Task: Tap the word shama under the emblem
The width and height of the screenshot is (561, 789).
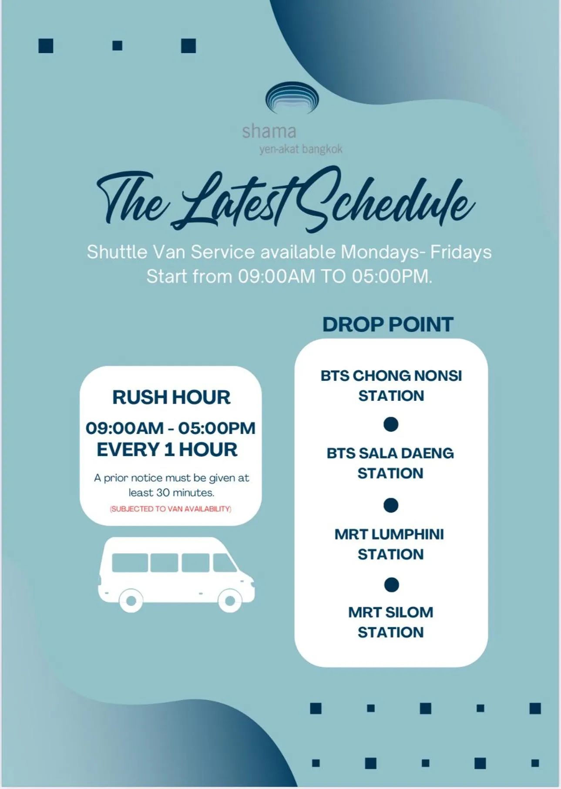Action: [269, 131]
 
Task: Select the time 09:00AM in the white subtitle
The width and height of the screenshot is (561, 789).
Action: [276, 276]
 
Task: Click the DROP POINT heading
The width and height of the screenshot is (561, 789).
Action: [388, 325]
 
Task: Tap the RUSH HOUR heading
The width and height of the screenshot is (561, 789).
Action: [171, 397]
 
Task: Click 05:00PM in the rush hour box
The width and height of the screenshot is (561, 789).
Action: [217, 428]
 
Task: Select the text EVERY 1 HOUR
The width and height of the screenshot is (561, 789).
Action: [167, 450]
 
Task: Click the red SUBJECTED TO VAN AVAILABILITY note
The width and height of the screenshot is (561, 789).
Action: [171, 509]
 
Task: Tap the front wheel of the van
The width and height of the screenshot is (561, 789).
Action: [230, 601]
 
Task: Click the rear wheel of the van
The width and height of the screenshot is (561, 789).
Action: [131, 601]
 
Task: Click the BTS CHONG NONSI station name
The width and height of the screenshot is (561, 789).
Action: [391, 386]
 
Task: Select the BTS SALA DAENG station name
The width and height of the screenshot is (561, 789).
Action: [390, 463]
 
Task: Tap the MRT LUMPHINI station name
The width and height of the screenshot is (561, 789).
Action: [390, 544]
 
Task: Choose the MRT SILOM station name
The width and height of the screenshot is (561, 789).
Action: [391, 622]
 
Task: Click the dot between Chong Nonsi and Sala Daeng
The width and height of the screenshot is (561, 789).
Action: [391, 424]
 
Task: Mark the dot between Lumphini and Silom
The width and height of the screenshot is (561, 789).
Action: [391, 585]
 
